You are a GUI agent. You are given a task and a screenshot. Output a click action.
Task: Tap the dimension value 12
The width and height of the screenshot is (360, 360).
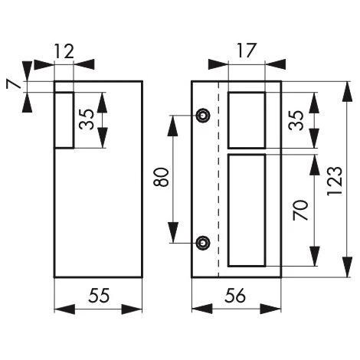tap(64, 51)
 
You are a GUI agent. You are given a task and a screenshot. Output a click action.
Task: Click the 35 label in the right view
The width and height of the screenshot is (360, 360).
tap(296, 119)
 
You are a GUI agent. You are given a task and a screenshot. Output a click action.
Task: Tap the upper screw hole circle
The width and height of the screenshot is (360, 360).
tap(202, 116)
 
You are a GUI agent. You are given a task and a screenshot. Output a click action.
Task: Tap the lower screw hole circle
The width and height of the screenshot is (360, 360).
tap(202, 243)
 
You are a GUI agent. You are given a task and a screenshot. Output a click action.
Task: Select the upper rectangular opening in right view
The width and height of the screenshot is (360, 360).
tap(247, 119)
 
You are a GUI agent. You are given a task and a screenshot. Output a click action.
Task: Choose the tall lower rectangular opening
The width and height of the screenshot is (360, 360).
tap(247, 210)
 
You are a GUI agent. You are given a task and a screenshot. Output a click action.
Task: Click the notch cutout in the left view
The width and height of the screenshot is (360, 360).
tap(64, 120)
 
